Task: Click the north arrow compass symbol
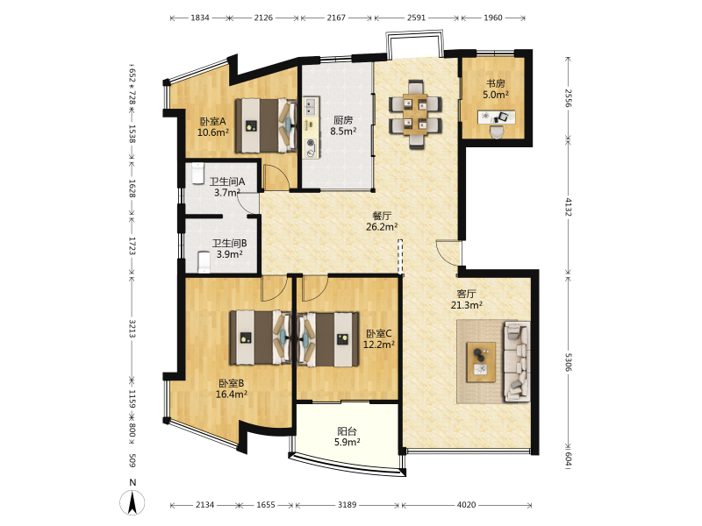pyautogui.click(x=133, y=502)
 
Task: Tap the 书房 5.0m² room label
pyautogui.click(x=496, y=89)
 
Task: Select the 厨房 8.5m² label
pyautogui.click(x=343, y=125)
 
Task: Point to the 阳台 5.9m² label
pyautogui.click(x=347, y=437)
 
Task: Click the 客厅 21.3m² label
pyautogui.click(x=467, y=300)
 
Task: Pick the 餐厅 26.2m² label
pyautogui.click(x=382, y=221)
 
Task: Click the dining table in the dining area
pyautogui.click(x=415, y=114)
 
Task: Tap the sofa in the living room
pyautogui.click(x=517, y=360)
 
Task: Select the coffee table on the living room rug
pyautogui.click(x=481, y=362)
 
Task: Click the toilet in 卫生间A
pyautogui.click(x=198, y=174)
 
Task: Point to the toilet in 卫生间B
pyautogui.click(x=204, y=262)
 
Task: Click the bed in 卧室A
pyautogui.click(x=266, y=126)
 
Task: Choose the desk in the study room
pyautogui.click(x=496, y=117)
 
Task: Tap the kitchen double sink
pyautogui.click(x=311, y=107)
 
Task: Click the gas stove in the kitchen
pyautogui.click(x=310, y=148)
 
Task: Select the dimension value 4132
pyautogui.click(x=568, y=207)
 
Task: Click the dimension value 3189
pyautogui.click(x=347, y=505)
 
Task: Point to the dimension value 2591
pyautogui.click(x=416, y=18)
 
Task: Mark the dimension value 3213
pyautogui.click(x=133, y=329)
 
